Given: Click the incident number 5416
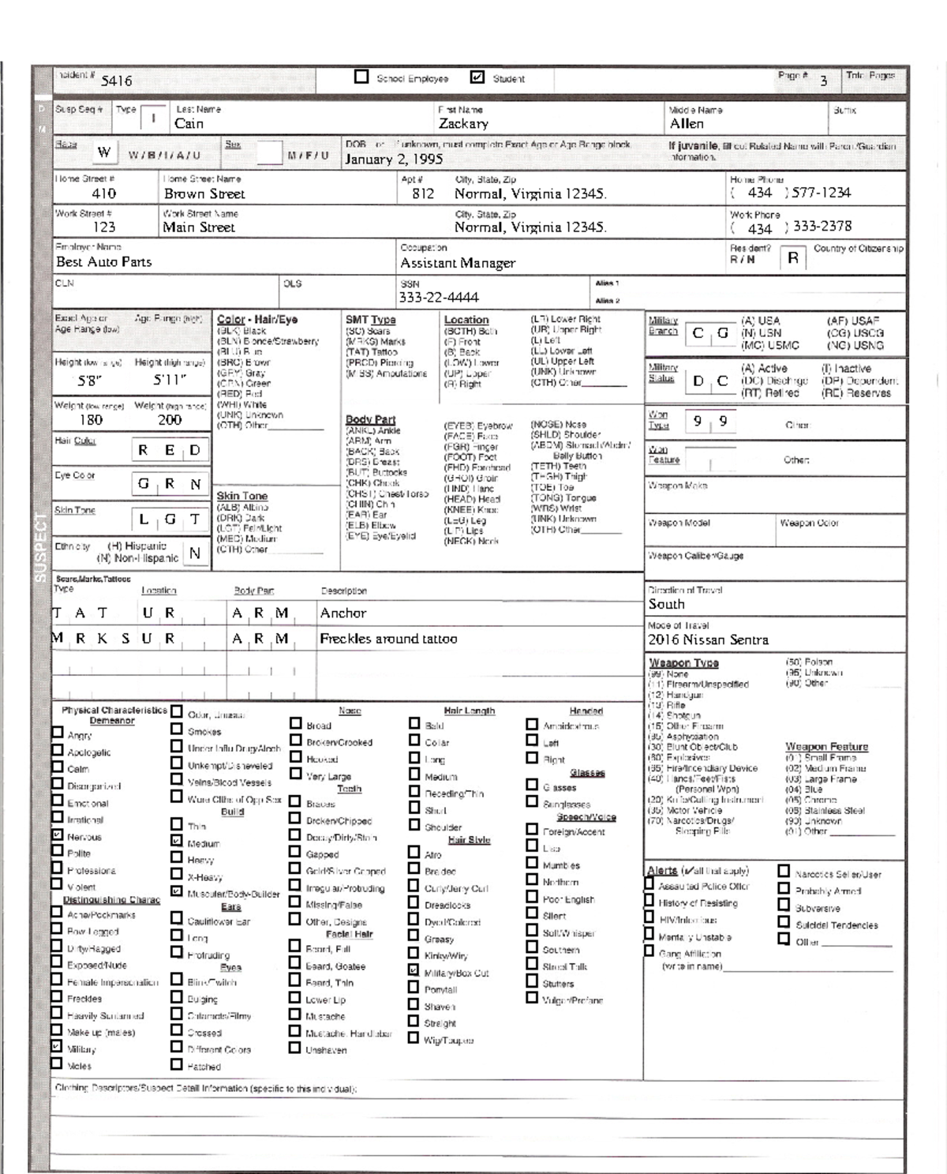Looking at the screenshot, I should (117, 81).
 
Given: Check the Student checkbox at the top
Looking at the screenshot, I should (477, 77).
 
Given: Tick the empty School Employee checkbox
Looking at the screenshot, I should (361, 77).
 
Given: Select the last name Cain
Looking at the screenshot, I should (189, 123).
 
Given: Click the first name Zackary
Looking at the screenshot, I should (463, 124).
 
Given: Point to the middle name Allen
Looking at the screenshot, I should (687, 124).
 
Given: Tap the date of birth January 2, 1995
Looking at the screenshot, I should (394, 159).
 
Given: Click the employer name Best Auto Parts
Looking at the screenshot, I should (103, 262).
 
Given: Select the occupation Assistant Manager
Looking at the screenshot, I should (458, 263).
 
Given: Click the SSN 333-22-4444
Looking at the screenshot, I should (439, 298).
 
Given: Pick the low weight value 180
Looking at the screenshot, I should (91, 420).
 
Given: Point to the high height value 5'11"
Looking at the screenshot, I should (170, 381).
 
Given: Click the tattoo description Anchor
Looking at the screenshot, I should (343, 613).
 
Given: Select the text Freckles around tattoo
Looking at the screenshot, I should (388, 639).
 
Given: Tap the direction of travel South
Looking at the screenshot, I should (666, 604).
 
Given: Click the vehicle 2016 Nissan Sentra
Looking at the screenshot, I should (708, 640).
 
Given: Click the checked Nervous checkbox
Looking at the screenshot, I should (57, 835).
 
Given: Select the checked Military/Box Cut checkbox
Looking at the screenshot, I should (414, 970).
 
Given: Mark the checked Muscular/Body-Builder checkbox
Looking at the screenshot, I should (177, 892).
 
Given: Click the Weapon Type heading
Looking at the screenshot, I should (683, 663).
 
